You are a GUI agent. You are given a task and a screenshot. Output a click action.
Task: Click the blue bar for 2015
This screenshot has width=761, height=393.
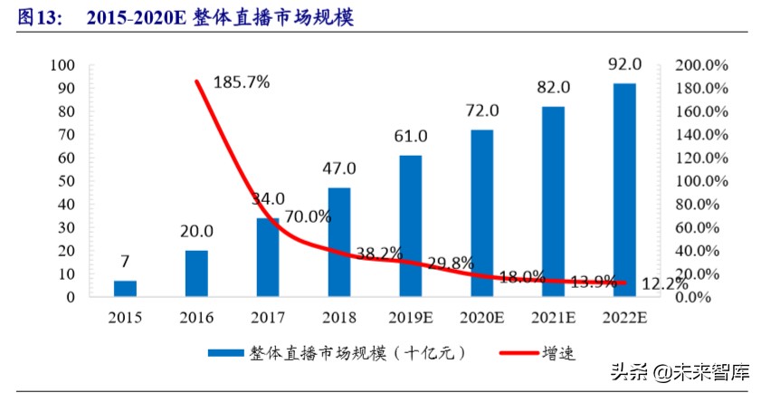pos(125,288)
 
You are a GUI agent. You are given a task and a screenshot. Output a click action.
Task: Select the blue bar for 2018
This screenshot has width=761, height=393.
pos(339,242)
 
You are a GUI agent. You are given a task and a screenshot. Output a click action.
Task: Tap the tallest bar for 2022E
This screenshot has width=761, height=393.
pos(624,189)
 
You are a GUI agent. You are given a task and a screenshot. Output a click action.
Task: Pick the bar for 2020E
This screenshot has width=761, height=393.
pos(482,213)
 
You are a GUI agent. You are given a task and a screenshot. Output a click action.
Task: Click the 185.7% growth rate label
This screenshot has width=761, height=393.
pos(242,82)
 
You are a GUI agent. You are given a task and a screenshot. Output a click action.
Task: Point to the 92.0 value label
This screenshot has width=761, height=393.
pos(625,64)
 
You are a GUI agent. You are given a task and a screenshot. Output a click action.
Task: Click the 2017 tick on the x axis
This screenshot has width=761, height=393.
pos(268,318)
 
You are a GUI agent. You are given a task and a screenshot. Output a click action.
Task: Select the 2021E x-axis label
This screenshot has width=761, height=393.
pos(553,318)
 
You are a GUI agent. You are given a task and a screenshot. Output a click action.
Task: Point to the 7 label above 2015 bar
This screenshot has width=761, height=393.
pos(125,262)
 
